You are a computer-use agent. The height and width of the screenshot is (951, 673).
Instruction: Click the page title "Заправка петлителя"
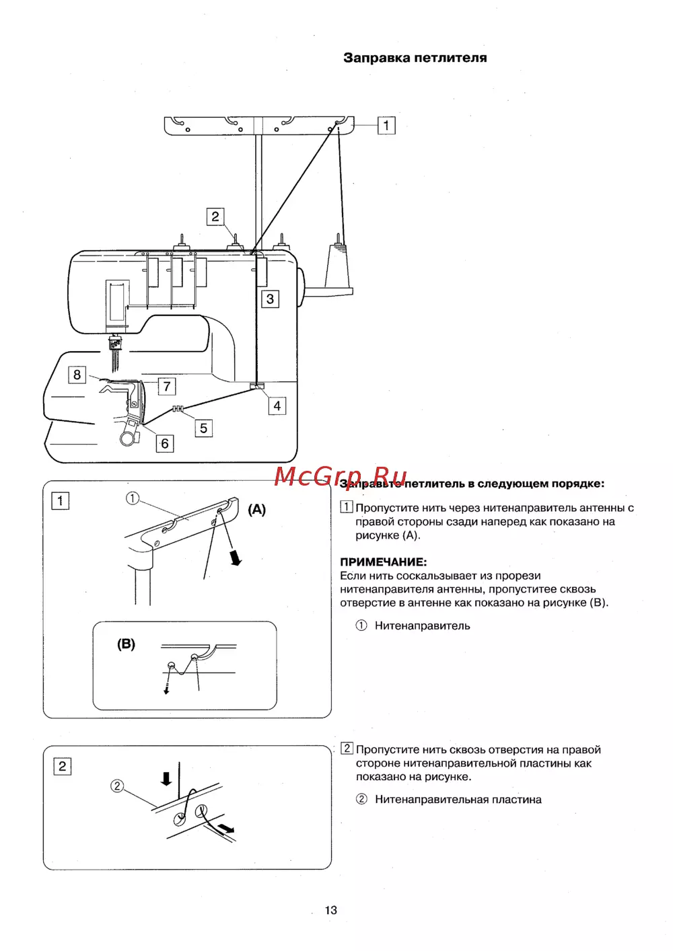click(x=415, y=58)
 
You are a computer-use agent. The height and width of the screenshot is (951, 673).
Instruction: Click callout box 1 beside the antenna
click(x=386, y=125)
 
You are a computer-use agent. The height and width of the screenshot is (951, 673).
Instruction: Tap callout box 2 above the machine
click(x=215, y=217)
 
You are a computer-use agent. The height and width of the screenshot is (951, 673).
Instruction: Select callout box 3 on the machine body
click(x=270, y=299)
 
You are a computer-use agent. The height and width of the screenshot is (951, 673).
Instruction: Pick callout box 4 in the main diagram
click(x=277, y=406)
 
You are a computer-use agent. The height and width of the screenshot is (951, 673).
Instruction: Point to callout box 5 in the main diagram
click(x=203, y=428)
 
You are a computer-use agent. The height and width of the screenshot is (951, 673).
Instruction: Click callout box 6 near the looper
click(x=165, y=444)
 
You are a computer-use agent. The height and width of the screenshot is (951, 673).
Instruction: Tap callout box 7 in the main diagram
click(x=167, y=386)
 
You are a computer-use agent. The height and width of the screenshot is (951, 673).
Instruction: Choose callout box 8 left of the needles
click(x=77, y=375)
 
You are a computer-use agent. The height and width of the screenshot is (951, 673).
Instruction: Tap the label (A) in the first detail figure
click(x=257, y=509)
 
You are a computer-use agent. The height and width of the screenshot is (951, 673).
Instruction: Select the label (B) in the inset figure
click(x=126, y=644)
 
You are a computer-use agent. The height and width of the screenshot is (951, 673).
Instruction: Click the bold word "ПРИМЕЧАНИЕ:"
click(x=383, y=562)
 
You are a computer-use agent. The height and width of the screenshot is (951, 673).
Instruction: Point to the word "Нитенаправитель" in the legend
click(x=422, y=625)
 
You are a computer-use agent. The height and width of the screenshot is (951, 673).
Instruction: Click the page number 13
click(x=330, y=910)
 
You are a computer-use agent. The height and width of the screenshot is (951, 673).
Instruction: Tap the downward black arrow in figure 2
click(x=166, y=778)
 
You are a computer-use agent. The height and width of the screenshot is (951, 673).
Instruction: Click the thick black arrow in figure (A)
click(x=235, y=558)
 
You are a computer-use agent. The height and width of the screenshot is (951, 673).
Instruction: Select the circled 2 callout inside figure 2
click(x=117, y=786)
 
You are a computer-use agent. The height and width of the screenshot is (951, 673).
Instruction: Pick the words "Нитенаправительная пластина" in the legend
click(x=458, y=799)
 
